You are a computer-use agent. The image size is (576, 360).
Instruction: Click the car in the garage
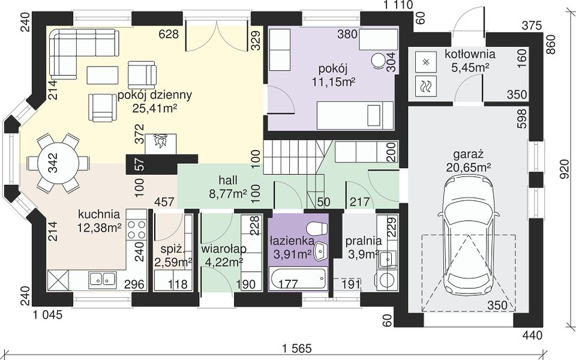(469, 235)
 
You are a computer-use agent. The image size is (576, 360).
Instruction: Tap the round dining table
(58, 163)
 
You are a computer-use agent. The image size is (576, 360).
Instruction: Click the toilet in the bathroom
(317, 229)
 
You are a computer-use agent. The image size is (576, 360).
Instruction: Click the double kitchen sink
(102, 279)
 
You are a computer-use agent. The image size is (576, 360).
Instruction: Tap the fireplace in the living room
(161, 143)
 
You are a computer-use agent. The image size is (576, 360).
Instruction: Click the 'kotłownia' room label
(470, 54)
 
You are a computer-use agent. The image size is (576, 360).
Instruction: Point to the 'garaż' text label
(469, 153)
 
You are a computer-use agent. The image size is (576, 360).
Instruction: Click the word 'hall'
(228, 180)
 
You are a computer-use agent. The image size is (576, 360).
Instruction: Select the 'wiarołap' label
(224, 248)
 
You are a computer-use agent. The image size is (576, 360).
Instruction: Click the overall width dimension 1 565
(298, 347)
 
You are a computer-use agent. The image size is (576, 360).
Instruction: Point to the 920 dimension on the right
(566, 169)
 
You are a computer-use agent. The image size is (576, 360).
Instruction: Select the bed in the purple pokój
(355, 115)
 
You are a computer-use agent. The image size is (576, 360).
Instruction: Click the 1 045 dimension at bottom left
(48, 315)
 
